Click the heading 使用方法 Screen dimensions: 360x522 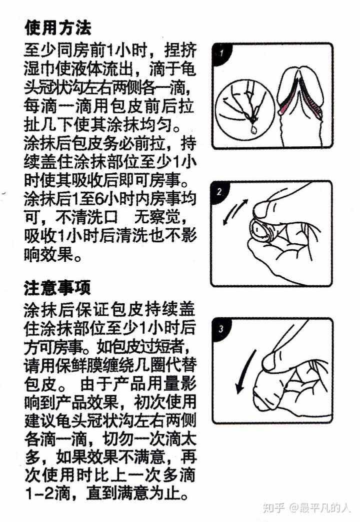pyautogui.click(x=57, y=27)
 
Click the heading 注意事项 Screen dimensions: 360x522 pyautogui.click(x=57, y=288)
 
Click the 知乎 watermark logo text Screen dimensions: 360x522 pyautogui.click(x=273, y=508)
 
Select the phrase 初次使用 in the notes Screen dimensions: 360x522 pyautogui.click(x=165, y=402)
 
